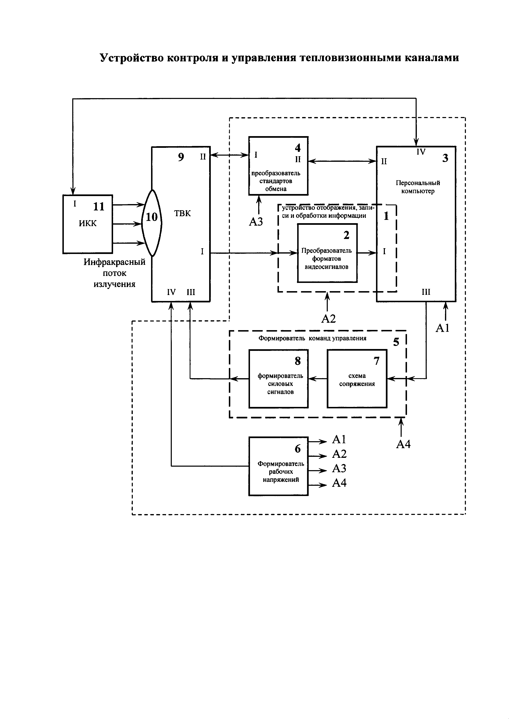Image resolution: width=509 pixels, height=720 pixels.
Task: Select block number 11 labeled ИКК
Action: click(88, 224)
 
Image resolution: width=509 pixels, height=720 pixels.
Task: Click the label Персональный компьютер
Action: click(418, 187)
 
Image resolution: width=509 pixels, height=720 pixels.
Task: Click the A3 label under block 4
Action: click(256, 222)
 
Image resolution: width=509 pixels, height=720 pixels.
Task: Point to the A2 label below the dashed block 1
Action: click(328, 319)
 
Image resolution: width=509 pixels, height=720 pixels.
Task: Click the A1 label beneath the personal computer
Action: click(443, 328)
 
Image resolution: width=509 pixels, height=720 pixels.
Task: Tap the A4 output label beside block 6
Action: click(339, 483)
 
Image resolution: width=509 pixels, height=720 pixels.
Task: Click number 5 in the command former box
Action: click(396, 342)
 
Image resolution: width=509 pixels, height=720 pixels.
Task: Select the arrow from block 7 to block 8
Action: click(318, 379)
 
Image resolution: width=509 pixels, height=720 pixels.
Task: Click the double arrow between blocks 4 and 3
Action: click(342, 161)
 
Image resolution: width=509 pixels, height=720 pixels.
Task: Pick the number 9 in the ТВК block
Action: click(181, 157)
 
